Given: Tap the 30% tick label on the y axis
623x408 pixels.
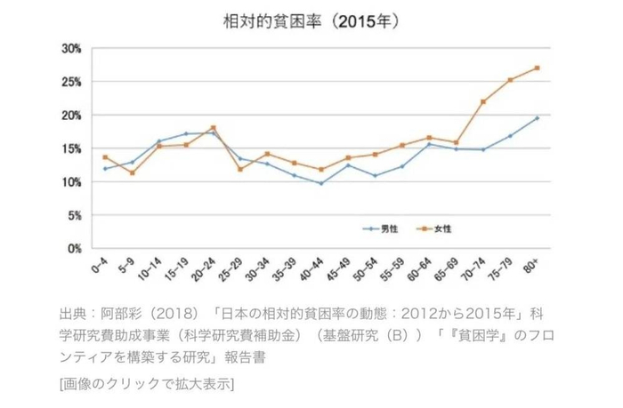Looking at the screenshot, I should [x=72, y=48].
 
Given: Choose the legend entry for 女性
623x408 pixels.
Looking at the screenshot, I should [x=443, y=228].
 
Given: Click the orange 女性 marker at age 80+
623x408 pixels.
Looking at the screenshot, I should [x=538, y=68].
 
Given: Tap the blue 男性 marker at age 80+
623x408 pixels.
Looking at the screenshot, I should [x=538, y=118].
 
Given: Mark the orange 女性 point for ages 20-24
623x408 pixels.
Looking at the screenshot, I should [x=214, y=127].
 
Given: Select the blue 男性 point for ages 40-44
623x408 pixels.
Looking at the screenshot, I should [x=321, y=184].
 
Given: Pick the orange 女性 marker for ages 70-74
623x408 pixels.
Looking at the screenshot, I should [x=483, y=101].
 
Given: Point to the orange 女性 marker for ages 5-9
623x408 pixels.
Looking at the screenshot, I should [x=133, y=172].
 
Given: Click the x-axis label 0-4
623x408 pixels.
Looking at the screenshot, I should [x=100, y=268].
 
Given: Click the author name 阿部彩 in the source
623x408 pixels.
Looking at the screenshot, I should [x=119, y=314].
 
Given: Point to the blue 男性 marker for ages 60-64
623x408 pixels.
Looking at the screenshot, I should [x=429, y=144].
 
